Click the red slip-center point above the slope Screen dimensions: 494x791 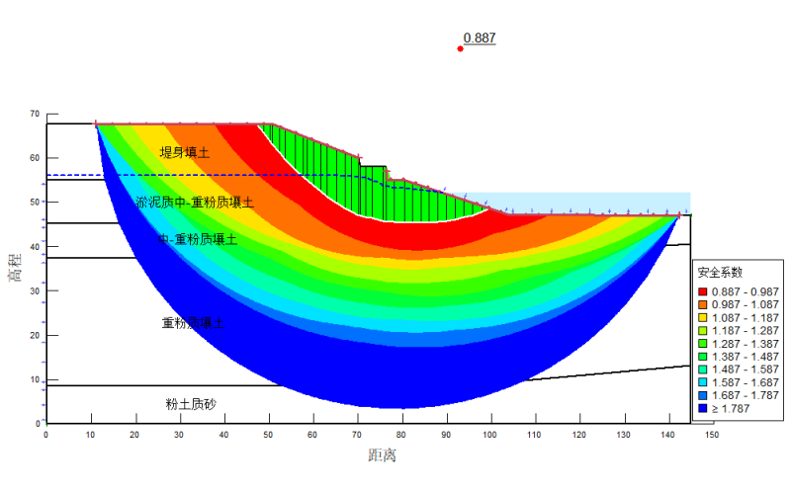click(x=460, y=48)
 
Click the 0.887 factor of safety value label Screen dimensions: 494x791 click(x=480, y=39)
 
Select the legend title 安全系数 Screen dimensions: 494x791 click(x=720, y=272)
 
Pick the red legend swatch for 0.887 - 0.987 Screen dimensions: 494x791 click(x=702, y=291)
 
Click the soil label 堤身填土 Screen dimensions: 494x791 click(x=185, y=152)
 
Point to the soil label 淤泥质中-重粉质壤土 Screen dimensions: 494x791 click(x=195, y=203)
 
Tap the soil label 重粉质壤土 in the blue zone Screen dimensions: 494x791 click(x=193, y=323)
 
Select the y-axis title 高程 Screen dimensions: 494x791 click(x=14, y=266)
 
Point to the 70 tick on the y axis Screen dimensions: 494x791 click(x=35, y=114)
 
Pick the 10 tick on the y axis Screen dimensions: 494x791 click(x=35, y=379)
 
